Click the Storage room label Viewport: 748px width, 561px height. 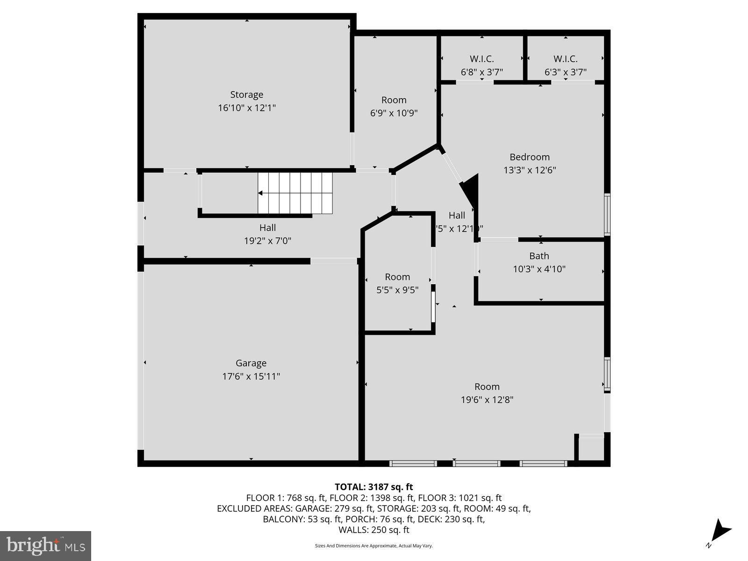tap(246, 95)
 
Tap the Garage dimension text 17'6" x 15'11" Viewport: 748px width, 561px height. tap(251, 376)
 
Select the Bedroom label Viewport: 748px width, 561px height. tap(529, 157)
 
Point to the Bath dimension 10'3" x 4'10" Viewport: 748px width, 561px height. tap(539, 269)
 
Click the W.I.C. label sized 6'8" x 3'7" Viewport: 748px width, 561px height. tap(482, 59)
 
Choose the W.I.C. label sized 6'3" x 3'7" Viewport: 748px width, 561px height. tap(565, 59)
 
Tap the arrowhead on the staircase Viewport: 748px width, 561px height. tap(260, 193)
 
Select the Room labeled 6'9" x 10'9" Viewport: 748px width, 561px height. tap(394, 100)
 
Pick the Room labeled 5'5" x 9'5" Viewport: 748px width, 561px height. tap(397, 277)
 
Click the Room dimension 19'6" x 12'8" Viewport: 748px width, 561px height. tap(487, 400)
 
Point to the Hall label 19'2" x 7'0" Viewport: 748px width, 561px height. tap(267, 234)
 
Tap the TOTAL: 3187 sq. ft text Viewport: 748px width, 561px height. tap(374, 487)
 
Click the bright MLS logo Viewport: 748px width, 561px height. tap(45, 546)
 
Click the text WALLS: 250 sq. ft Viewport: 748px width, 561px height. tap(374, 530)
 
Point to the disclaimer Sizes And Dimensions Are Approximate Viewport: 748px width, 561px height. tap(374, 546)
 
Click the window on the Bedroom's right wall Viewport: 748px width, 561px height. tap(607, 214)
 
